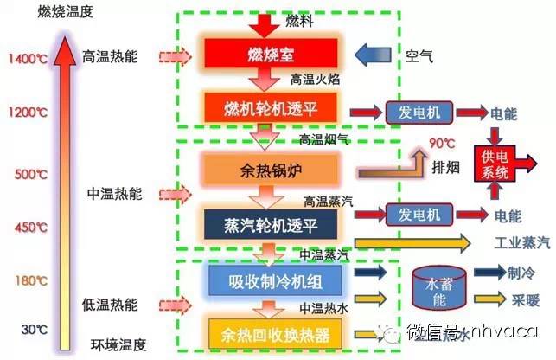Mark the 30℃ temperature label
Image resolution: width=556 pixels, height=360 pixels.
click(x=32, y=329)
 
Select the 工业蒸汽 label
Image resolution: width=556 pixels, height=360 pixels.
click(x=521, y=241)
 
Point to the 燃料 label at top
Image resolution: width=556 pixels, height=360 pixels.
click(x=299, y=21)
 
